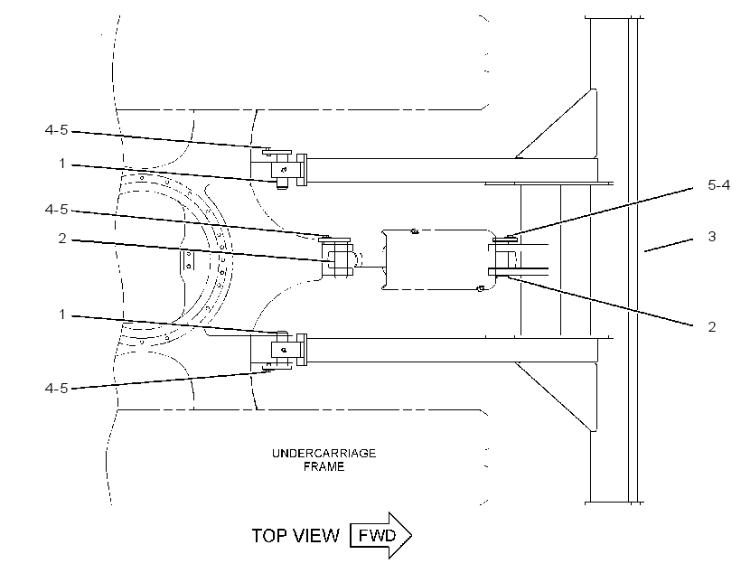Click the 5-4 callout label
718,185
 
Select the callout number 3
712,237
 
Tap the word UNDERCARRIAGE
324,454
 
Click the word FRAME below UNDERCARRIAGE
324,466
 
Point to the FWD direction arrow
380,535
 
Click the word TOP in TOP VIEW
269,536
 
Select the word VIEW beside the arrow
315,536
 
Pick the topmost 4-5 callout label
56,129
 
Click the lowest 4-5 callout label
56,388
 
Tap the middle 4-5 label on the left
56,210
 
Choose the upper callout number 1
62,164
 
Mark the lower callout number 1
62,314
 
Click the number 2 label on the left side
62,239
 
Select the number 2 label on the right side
712,326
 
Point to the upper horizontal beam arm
452,170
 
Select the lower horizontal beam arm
452,351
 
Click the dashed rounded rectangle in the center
439,230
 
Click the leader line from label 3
669,245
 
